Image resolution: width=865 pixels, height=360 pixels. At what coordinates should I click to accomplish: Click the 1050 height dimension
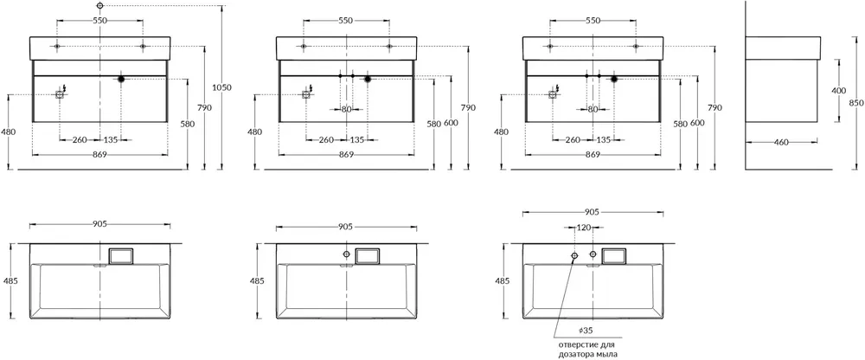click(x=221, y=87)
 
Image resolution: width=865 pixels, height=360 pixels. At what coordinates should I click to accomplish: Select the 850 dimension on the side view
click(x=855, y=103)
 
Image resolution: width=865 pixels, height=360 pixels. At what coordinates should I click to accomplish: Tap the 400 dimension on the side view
click(x=839, y=90)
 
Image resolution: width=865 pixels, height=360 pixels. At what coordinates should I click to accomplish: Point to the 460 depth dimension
click(x=780, y=143)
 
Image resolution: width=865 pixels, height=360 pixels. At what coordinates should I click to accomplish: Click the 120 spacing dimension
click(x=583, y=228)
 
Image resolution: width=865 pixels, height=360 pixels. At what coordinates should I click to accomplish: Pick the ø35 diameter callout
click(x=586, y=331)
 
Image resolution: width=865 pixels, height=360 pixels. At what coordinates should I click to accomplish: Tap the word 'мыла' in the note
click(x=607, y=355)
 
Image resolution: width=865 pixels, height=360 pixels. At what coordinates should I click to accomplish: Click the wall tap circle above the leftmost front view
click(x=99, y=5)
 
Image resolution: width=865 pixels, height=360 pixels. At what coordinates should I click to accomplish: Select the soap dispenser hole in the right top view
click(x=574, y=255)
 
